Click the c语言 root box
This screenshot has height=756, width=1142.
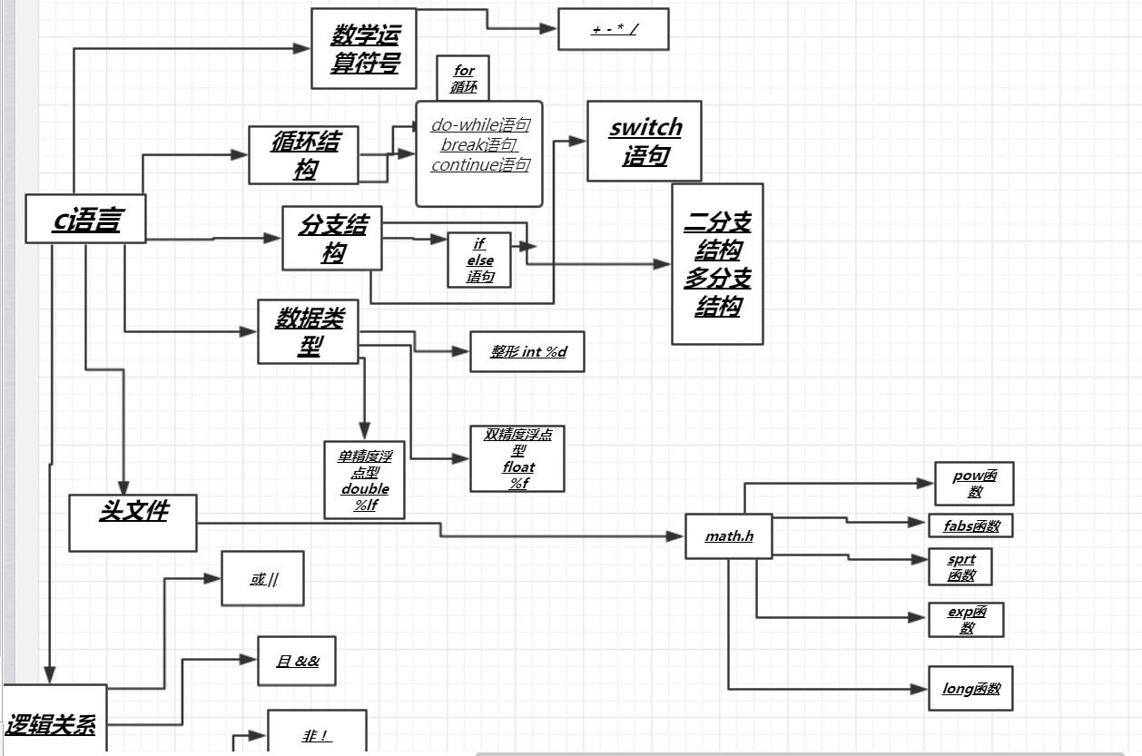(x=86, y=219)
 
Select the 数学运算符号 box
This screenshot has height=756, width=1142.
(x=363, y=49)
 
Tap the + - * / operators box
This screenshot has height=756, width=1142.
(x=614, y=29)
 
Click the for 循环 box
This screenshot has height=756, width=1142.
(x=464, y=79)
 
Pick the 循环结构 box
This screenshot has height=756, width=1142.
(x=304, y=155)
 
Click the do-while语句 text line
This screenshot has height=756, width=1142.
(x=480, y=125)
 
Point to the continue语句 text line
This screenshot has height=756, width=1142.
(x=480, y=165)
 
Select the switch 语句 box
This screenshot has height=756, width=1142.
(x=645, y=142)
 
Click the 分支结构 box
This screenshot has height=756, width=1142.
(x=332, y=238)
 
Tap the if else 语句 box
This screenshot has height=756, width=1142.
(x=479, y=260)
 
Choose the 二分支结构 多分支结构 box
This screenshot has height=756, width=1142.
(x=717, y=264)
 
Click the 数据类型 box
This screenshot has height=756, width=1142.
(x=309, y=331)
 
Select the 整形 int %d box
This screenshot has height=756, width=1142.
(x=527, y=351)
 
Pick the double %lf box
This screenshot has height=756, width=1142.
(x=364, y=480)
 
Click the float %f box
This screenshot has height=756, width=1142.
(x=517, y=459)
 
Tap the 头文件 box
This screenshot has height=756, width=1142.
(x=133, y=523)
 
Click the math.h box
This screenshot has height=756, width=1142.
(x=729, y=536)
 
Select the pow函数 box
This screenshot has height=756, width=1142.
(x=974, y=484)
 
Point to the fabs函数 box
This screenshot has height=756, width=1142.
(x=970, y=525)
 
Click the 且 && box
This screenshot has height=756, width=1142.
(x=298, y=661)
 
